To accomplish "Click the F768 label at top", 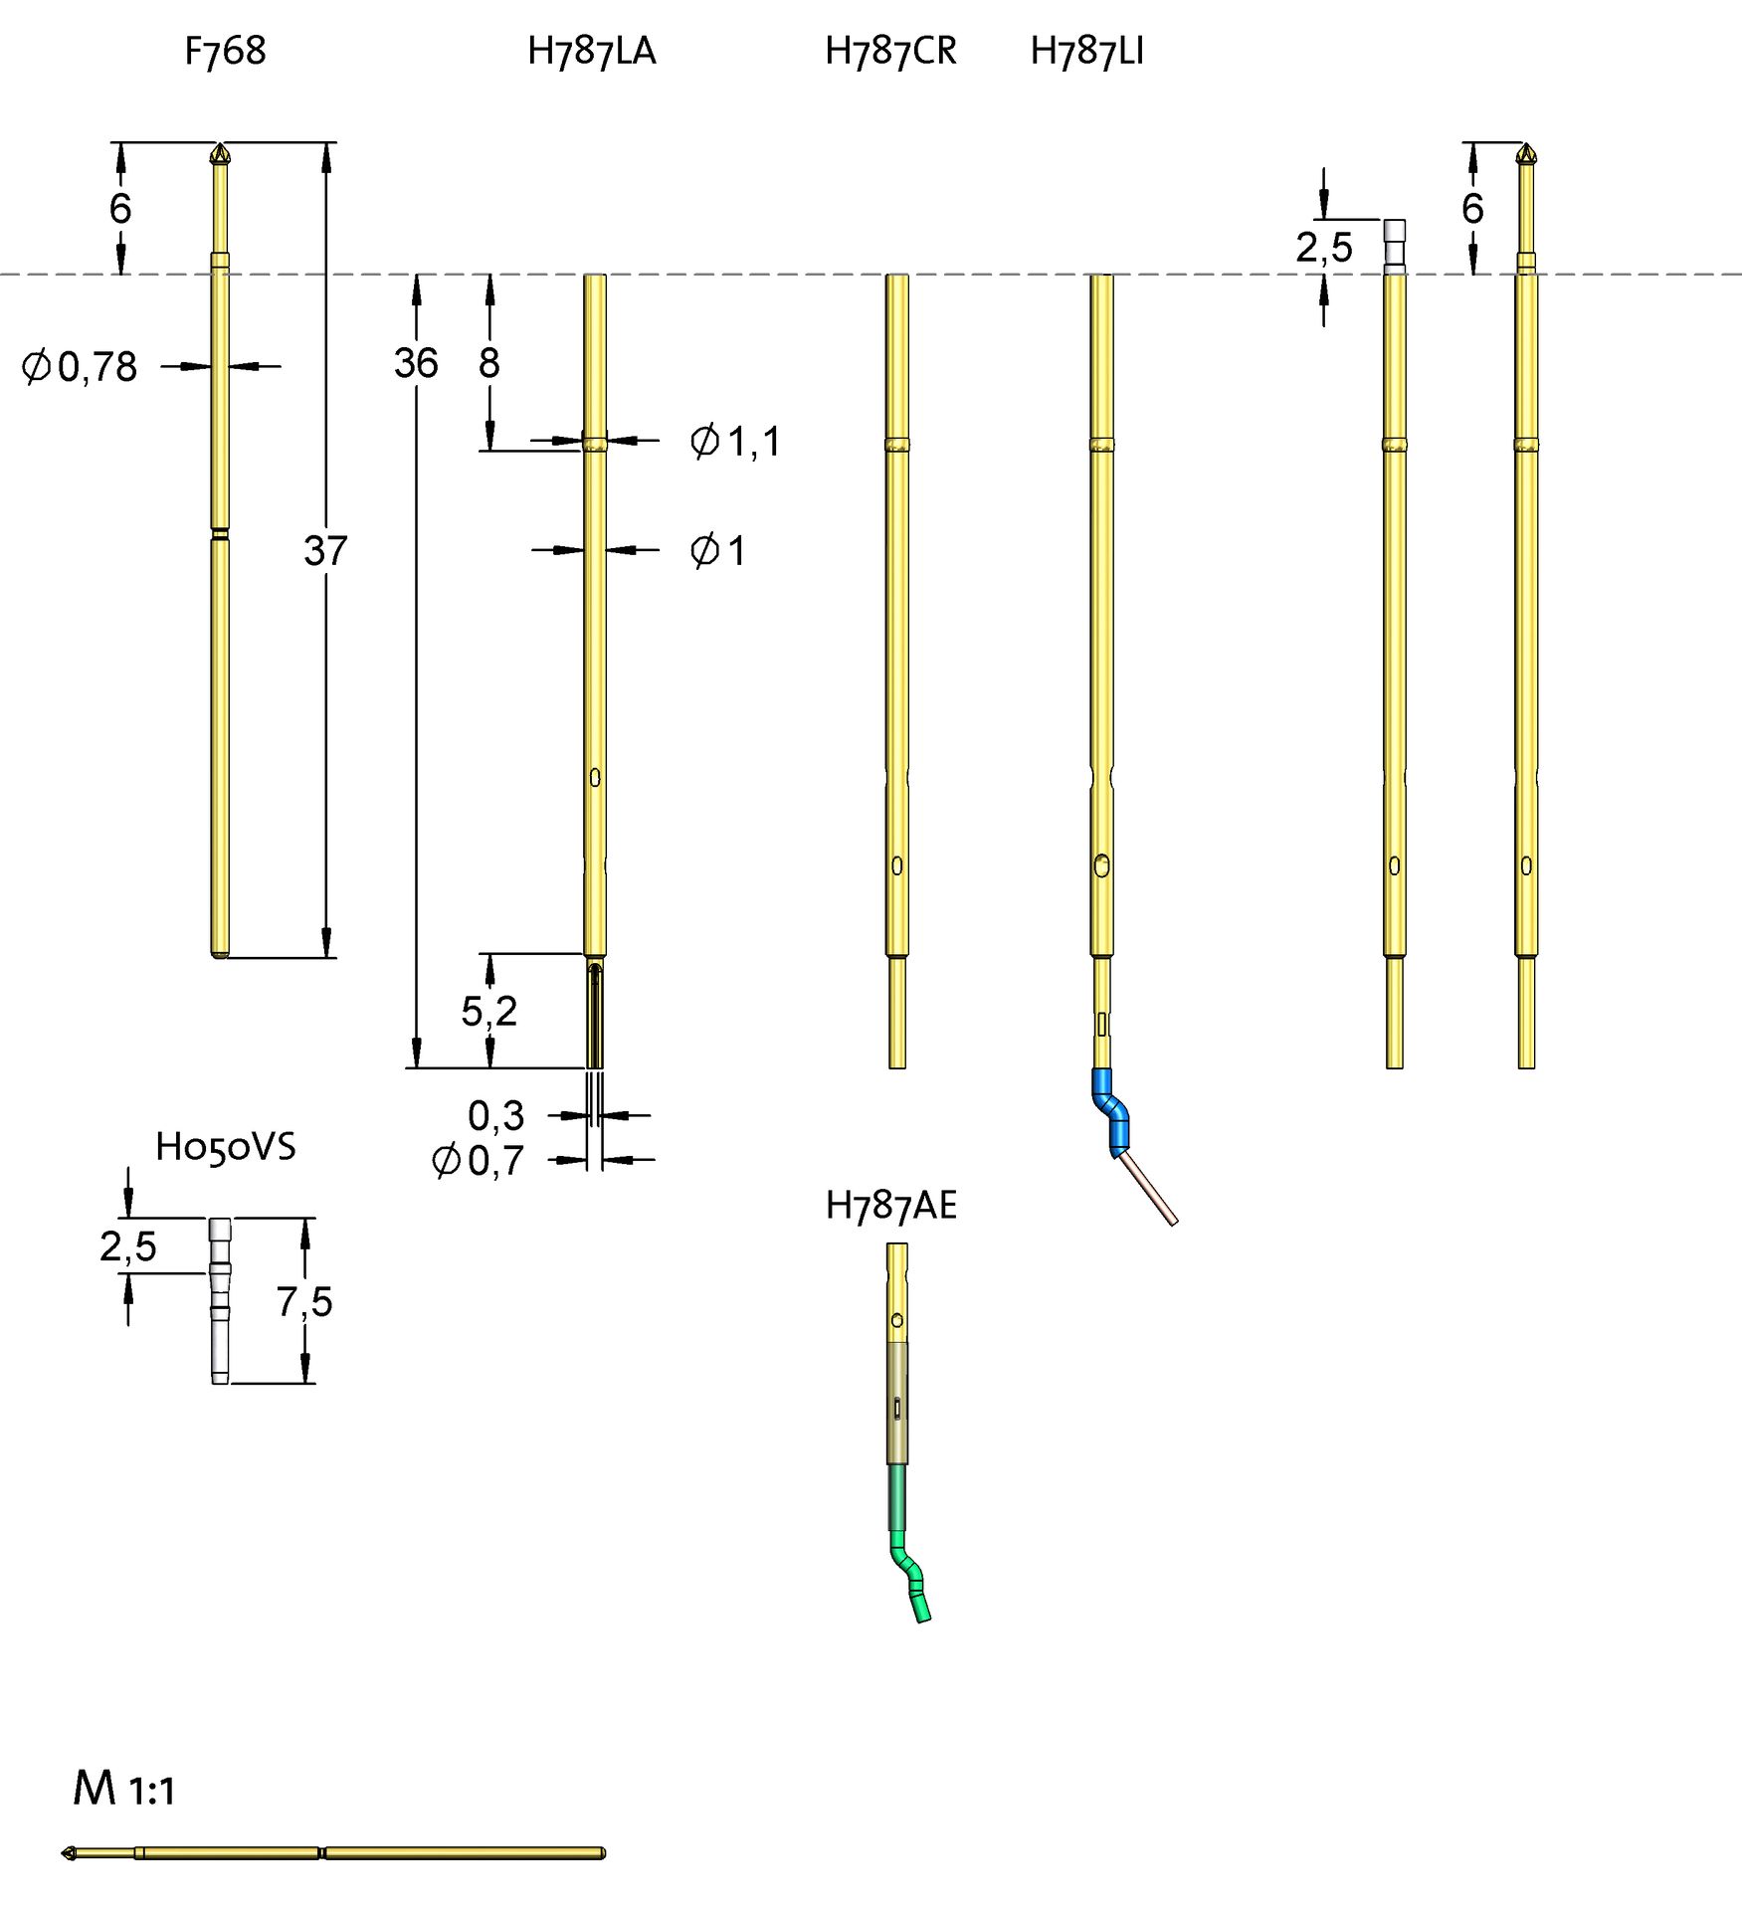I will tap(225, 51).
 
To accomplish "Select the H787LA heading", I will tap(591, 51).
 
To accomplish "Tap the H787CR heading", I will tap(890, 51).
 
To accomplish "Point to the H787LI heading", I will tap(1086, 51).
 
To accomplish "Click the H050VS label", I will tap(225, 1147).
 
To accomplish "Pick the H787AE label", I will tap(890, 1206).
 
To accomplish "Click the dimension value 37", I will tap(325, 550).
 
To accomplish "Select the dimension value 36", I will tap(415, 363).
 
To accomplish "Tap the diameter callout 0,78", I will tap(81, 367).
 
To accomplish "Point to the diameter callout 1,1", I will tap(736, 441).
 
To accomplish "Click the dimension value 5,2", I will tap(488, 1012).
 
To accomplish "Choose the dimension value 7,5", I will tap(304, 1301).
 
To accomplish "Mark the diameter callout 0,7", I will tap(479, 1161).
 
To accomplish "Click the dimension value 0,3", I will tap(495, 1116).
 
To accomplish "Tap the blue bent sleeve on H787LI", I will tap(1111, 1112).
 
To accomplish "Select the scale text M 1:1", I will tap(123, 1789).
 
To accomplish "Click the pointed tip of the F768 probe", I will tap(220, 152).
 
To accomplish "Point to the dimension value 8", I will tap(488, 363).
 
